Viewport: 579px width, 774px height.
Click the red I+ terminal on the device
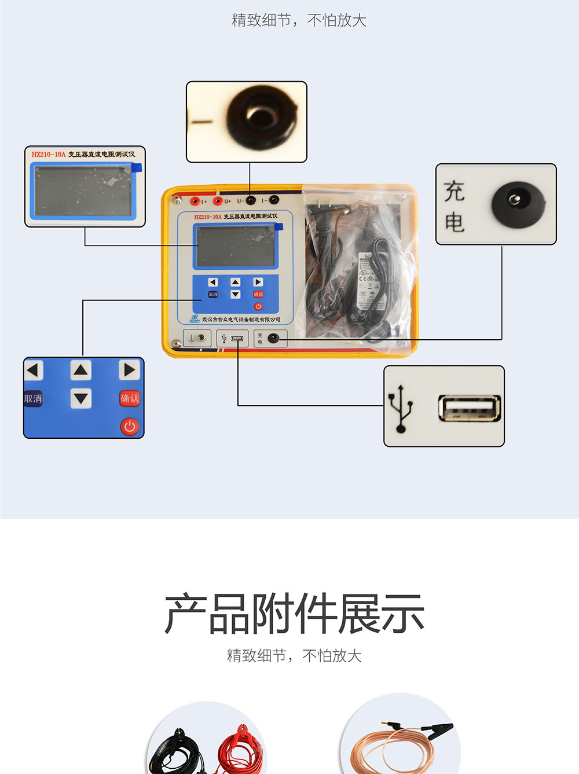(x=196, y=201)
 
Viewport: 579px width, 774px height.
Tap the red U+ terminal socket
(x=218, y=201)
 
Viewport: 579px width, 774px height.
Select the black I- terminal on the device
(x=274, y=200)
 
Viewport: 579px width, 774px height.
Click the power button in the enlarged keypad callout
(x=129, y=427)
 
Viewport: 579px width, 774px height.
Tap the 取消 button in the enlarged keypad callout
(x=33, y=398)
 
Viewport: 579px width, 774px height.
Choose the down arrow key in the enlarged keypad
(x=81, y=398)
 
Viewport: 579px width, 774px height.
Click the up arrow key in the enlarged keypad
(x=81, y=370)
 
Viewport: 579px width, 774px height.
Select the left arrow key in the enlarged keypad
(x=33, y=370)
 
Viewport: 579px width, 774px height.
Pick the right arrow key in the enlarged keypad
(x=129, y=370)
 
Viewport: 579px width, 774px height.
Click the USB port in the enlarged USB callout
(x=469, y=408)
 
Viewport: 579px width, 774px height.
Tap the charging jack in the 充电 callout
(x=518, y=203)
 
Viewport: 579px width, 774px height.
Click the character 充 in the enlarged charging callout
(x=455, y=191)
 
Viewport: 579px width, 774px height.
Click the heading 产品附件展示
(x=294, y=614)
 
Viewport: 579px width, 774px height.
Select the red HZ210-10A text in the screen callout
(x=49, y=155)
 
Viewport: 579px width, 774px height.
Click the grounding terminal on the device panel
(x=197, y=338)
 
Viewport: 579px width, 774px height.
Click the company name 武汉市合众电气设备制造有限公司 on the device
(x=241, y=320)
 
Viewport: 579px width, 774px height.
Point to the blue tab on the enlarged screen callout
(x=137, y=168)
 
